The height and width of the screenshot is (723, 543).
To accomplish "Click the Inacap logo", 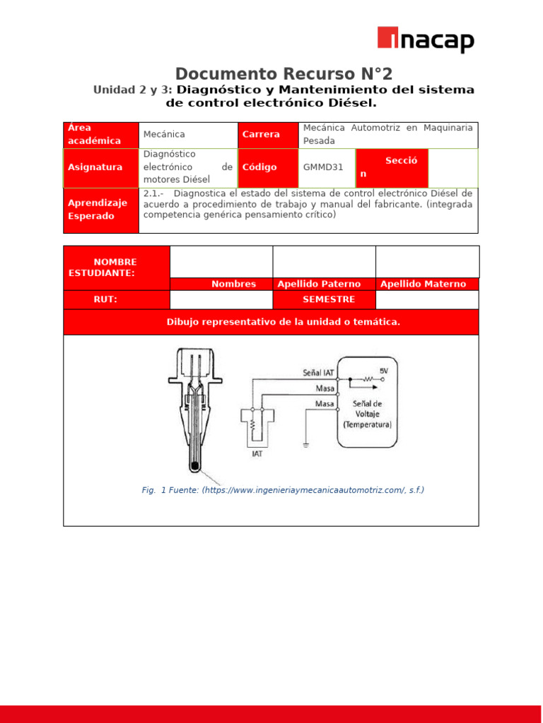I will (x=426, y=40).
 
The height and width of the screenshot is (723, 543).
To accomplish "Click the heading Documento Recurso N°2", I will (x=284, y=73).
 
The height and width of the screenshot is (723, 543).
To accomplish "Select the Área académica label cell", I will (x=101, y=134).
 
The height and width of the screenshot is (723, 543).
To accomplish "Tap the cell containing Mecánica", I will (x=187, y=134).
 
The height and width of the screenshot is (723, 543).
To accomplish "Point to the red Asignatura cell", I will (x=101, y=167).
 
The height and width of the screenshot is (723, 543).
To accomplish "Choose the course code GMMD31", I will (x=323, y=167).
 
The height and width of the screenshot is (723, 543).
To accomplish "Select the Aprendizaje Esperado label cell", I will (x=101, y=210).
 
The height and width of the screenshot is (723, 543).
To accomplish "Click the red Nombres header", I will (x=233, y=284).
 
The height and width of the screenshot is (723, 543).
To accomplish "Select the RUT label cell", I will (x=105, y=299).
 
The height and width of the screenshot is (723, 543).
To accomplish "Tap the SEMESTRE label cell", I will (x=324, y=299).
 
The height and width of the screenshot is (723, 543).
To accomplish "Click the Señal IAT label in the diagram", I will (x=318, y=372).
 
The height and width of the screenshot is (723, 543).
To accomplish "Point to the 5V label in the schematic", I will (x=384, y=371).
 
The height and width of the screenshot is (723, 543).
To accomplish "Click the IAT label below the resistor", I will (x=257, y=454).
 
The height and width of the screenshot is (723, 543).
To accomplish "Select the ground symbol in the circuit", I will (x=305, y=446).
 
